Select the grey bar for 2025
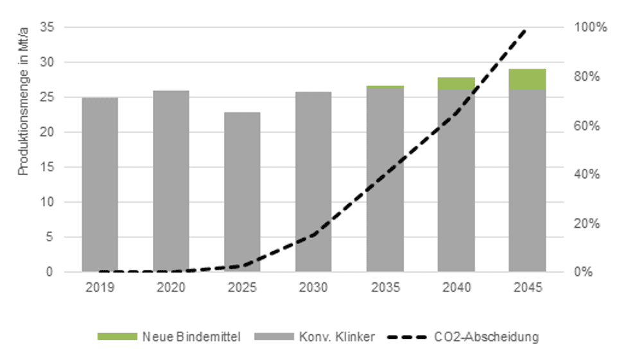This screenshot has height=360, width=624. tap(242, 192)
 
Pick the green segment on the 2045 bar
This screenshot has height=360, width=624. tap(527, 79)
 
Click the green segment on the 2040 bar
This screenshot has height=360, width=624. tap(456, 83)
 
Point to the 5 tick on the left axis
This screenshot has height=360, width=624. tap(49, 237)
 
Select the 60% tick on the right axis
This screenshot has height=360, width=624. tap(585, 126)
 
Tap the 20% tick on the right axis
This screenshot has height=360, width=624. tap(585, 223)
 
